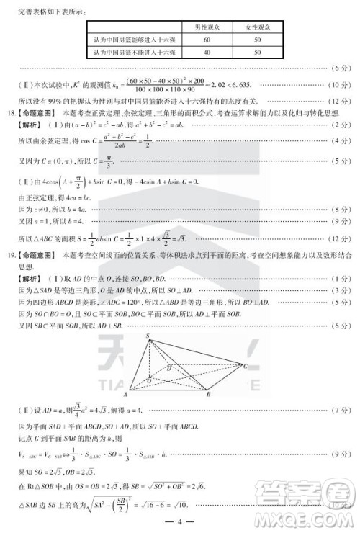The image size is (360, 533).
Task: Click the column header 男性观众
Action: click(207, 27)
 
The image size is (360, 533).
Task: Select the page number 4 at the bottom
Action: click(181, 521)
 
